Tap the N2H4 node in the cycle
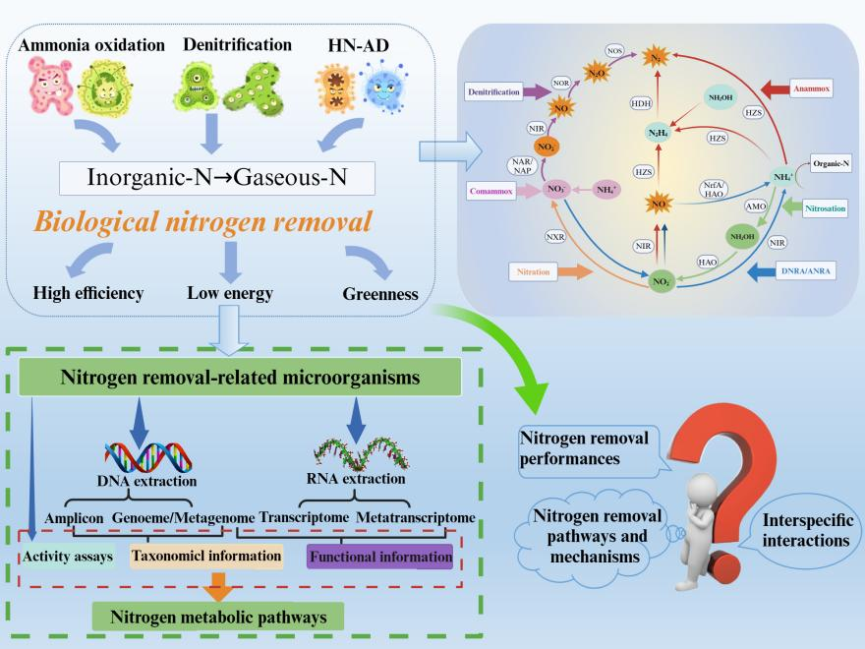pyautogui.click(x=658, y=133)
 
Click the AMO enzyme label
pyautogui.click(x=757, y=207)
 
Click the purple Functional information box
pyautogui.click(x=379, y=557)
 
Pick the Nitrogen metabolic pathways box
pyautogui.click(x=218, y=618)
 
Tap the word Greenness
pyautogui.click(x=378, y=294)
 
